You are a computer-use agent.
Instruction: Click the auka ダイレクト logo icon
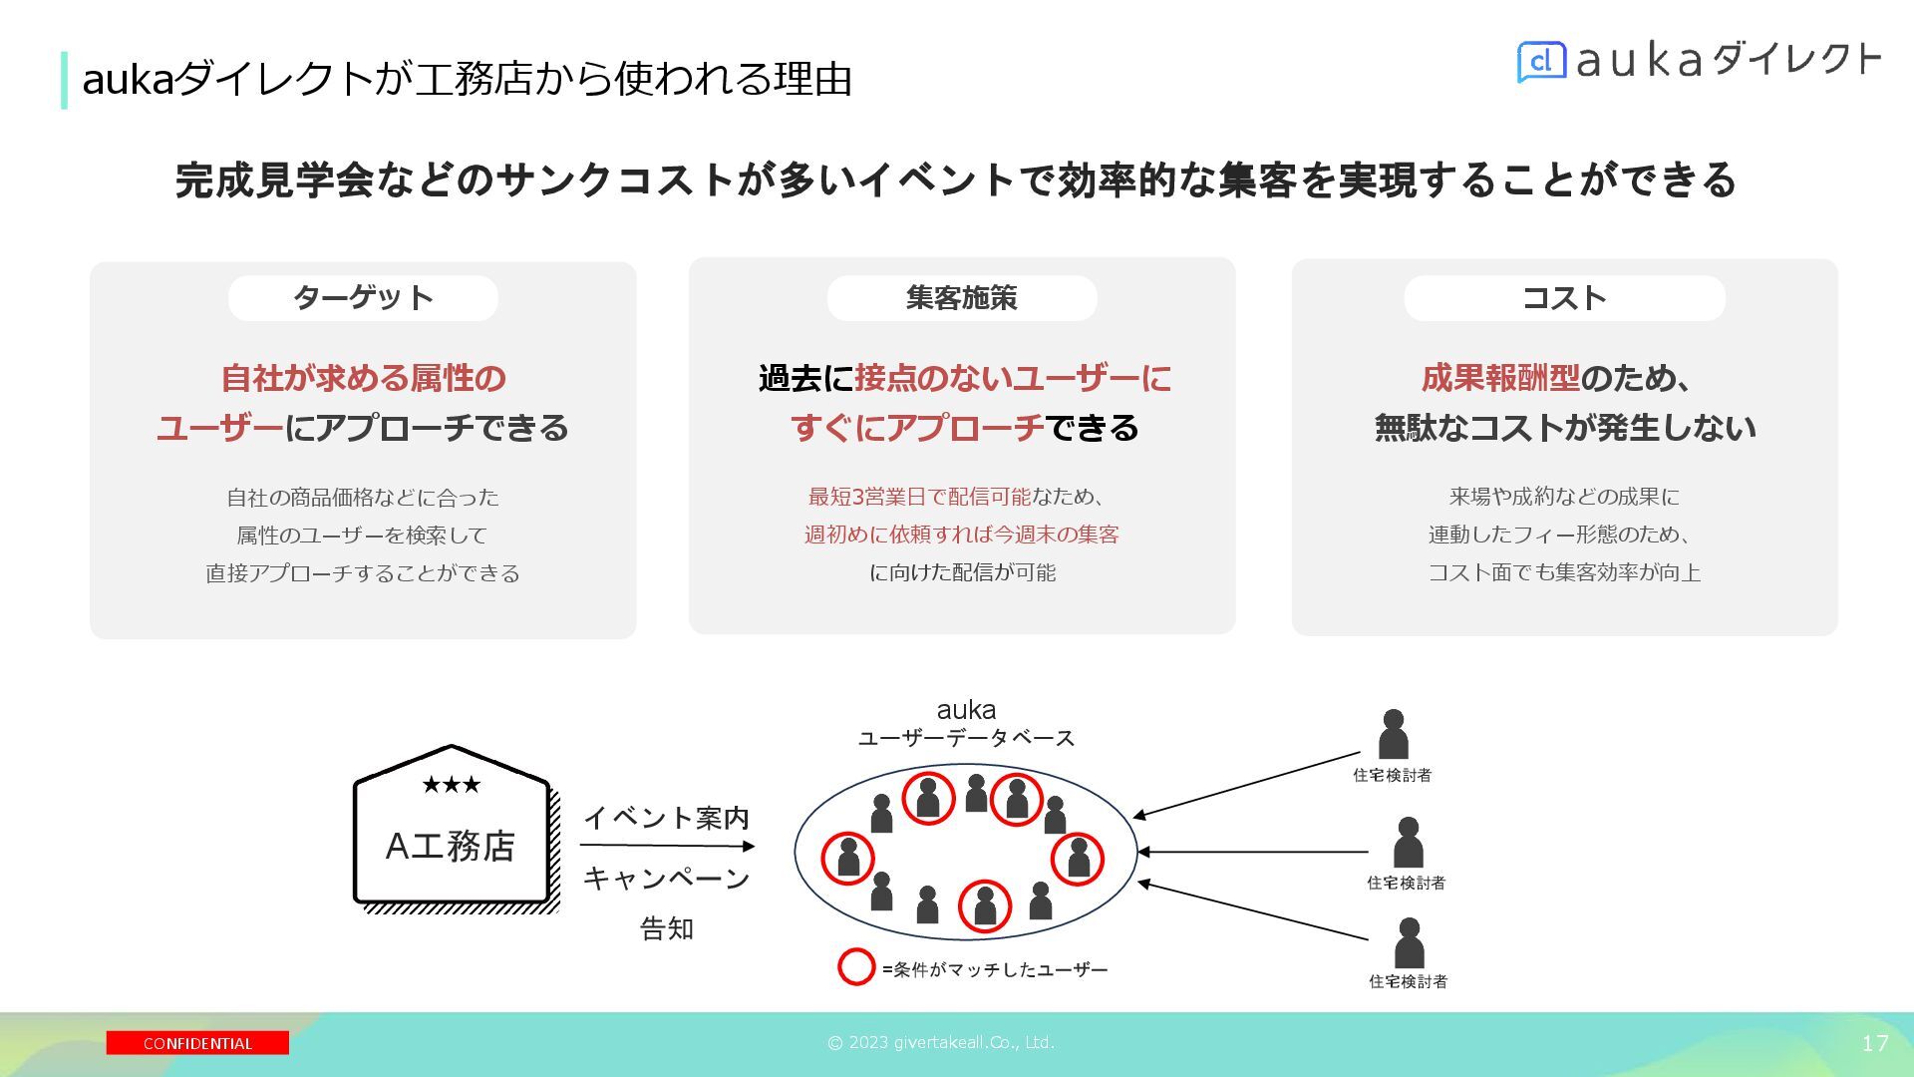tap(1541, 62)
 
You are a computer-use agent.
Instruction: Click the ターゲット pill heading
tap(363, 297)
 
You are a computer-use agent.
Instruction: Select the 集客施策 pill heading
tap(962, 297)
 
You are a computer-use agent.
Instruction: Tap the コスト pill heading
tap(1564, 297)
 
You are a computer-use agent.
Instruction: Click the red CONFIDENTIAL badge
tap(197, 1043)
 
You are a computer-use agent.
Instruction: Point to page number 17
tap(1874, 1043)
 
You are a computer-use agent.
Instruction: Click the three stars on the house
tap(451, 785)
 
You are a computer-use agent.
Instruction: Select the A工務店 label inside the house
tap(451, 846)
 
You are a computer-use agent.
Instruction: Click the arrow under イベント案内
tap(667, 847)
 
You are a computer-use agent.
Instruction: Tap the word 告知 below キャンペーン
tap(667, 928)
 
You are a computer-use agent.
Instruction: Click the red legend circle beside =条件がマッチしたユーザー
tap(855, 967)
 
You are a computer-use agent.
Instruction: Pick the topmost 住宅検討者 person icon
tap(1393, 735)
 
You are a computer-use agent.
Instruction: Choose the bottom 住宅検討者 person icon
tap(1408, 942)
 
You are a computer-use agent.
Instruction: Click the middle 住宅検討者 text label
tap(1406, 883)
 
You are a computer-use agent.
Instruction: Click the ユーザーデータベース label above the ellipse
tap(966, 738)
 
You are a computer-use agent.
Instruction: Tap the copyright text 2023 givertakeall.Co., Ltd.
tap(941, 1043)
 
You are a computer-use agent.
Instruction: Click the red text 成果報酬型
tap(1500, 378)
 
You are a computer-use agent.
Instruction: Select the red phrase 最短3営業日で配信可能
tap(919, 497)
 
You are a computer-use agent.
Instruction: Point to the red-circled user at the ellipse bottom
tap(985, 905)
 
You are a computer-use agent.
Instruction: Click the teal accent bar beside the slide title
tap(65, 80)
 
